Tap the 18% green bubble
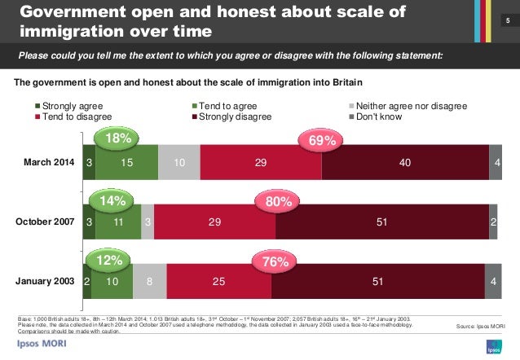pyautogui.click(x=116, y=138)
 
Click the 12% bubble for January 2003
pyautogui.click(x=109, y=260)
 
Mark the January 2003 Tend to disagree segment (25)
pyautogui.click(x=219, y=281)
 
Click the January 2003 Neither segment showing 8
pyautogui.click(x=149, y=281)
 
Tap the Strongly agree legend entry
pyautogui.click(x=73, y=106)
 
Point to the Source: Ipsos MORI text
pyautogui.click(x=480, y=326)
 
